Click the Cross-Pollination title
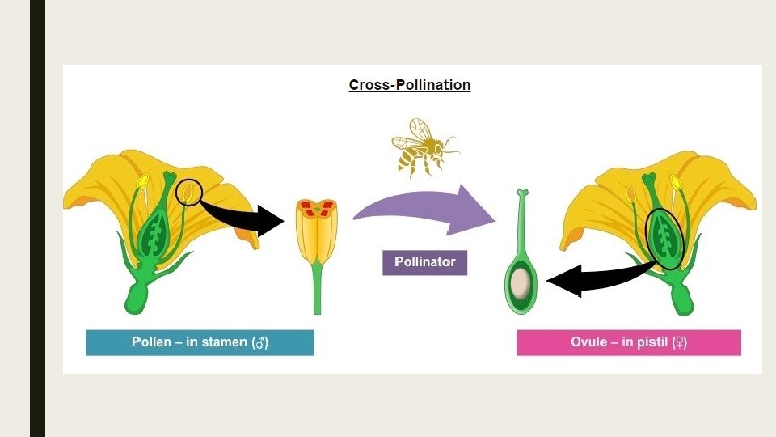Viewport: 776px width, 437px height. (409, 85)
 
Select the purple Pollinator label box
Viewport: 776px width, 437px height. (424, 262)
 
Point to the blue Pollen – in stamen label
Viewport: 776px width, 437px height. (200, 342)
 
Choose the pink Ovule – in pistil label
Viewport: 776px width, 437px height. (628, 342)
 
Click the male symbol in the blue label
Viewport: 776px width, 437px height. (259, 343)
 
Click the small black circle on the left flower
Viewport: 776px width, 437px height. (188, 193)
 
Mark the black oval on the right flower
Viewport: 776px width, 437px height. (666, 240)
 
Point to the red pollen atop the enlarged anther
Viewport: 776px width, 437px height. (317, 210)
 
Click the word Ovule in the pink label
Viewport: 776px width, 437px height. (588, 342)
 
